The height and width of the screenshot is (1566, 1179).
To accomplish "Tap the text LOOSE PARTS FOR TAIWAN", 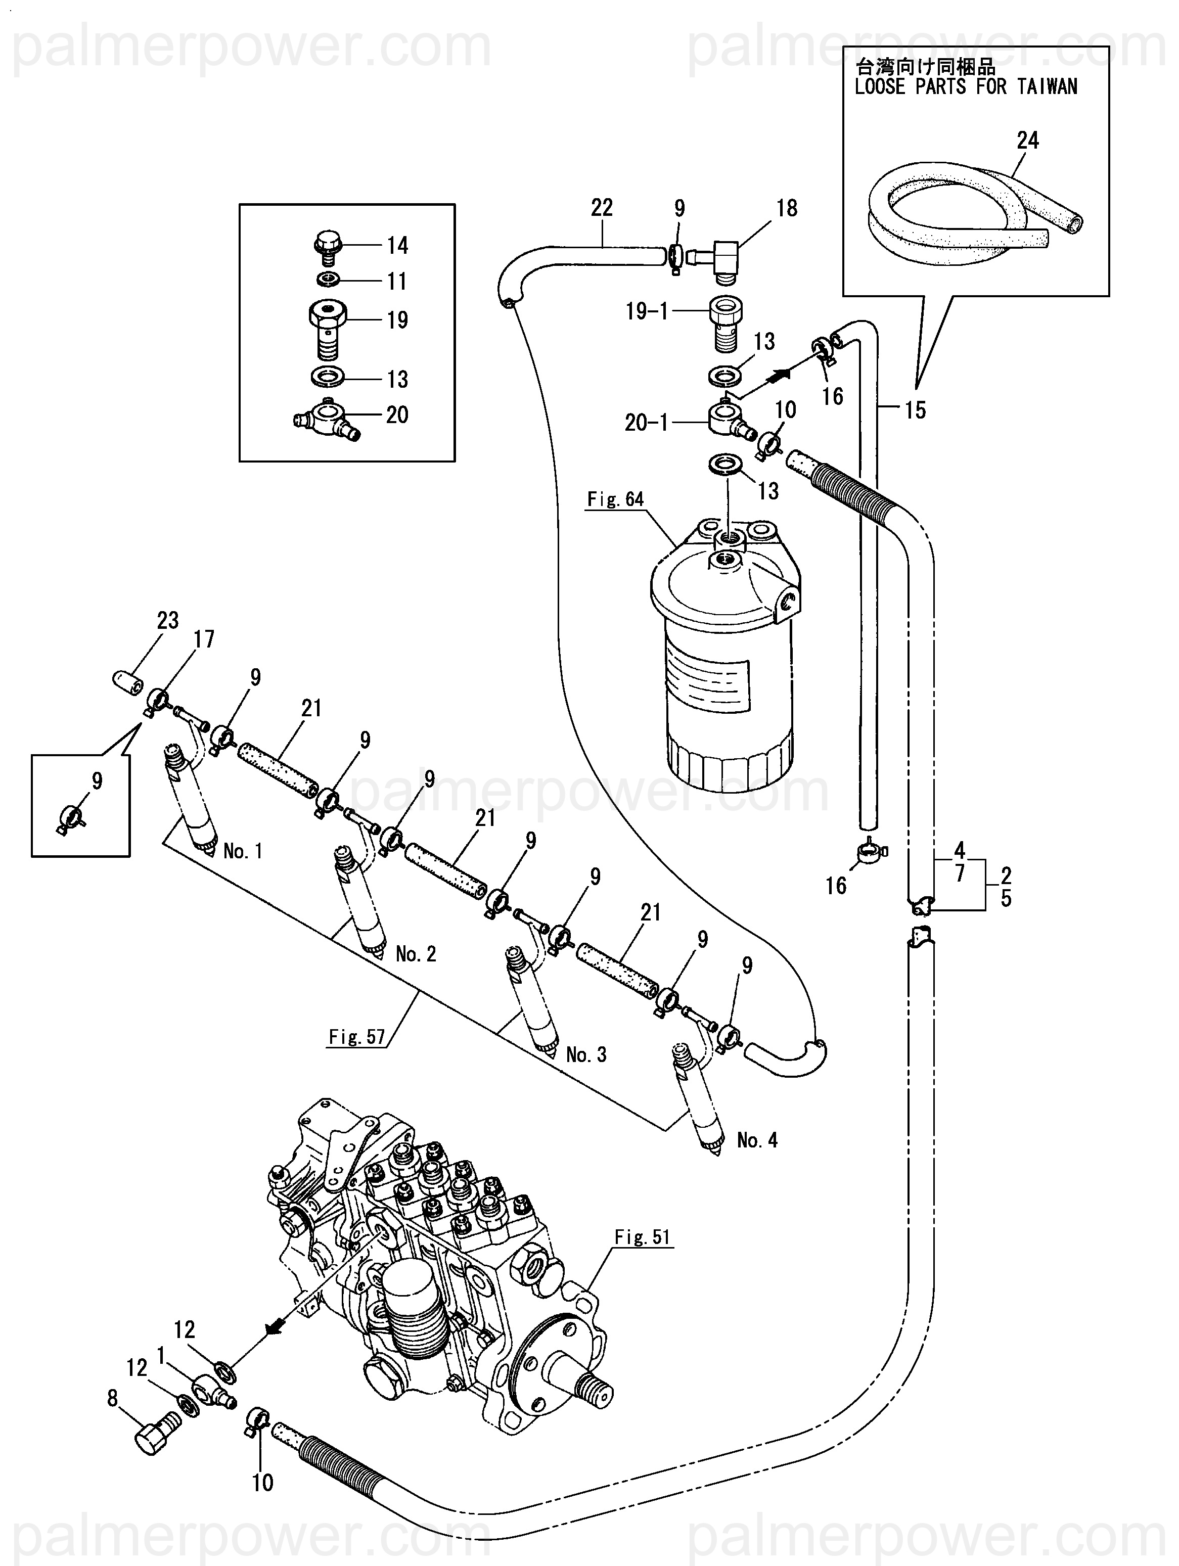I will (965, 87).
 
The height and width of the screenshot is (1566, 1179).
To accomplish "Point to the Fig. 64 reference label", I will (615, 500).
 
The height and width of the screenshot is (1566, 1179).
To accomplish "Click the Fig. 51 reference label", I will (642, 1237).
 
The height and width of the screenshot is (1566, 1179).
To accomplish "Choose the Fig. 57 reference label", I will (357, 1037).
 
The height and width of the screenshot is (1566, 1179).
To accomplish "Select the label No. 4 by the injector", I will (757, 1140).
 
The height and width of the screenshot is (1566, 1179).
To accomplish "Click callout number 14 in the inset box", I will (397, 246).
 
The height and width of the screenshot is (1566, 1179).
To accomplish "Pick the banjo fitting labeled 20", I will (327, 418).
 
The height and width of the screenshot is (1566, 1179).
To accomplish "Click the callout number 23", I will (168, 620).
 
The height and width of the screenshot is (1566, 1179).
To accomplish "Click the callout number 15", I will (915, 410).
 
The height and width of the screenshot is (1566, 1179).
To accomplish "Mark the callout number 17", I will (204, 639).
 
